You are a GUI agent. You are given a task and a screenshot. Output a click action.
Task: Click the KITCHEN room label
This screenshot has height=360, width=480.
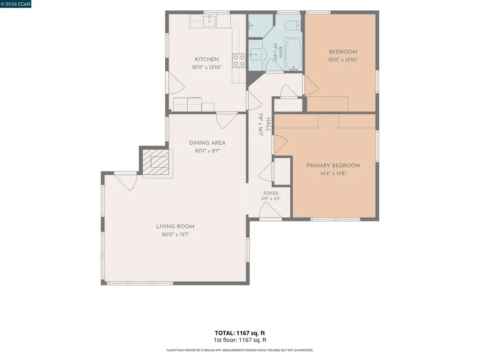[x=207, y=59]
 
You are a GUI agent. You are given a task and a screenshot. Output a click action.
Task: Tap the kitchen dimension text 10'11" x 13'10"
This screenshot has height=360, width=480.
[x=207, y=67]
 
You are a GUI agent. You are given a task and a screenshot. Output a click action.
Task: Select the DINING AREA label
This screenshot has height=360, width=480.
[x=207, y=143]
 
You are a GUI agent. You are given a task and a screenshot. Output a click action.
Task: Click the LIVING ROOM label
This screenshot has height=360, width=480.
[x=175, y=227]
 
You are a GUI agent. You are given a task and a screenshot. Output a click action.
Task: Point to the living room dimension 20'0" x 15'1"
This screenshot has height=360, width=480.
[x=175, y=235]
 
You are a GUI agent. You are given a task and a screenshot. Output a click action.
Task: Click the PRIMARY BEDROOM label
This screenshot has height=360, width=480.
[x=333, y=166]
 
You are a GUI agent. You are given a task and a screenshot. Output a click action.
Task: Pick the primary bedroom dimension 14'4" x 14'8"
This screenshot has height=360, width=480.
[x=333, y=174]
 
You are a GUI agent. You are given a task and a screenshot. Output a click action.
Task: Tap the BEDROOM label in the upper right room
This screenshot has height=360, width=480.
[x=343, y=52]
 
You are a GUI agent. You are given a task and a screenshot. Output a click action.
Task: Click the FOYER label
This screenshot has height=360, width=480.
[x=271, y=193]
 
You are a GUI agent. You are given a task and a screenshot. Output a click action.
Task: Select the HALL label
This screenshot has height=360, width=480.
[x=268, y=125]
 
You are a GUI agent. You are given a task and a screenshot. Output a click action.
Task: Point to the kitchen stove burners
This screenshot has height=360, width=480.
[x=239, y=60]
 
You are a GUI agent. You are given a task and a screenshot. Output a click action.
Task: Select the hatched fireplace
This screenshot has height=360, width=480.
[x=156, y=162]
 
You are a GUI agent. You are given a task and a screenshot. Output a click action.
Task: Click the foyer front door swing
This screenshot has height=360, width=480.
[x=270, y=210]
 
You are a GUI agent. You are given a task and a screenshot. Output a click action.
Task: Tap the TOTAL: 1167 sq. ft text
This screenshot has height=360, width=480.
[x=240, y=333]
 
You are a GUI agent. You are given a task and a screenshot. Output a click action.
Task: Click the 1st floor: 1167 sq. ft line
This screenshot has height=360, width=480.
[x=240, y=340]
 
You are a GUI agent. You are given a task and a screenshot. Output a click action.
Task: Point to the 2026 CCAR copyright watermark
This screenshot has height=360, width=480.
[x=15, y=4]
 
